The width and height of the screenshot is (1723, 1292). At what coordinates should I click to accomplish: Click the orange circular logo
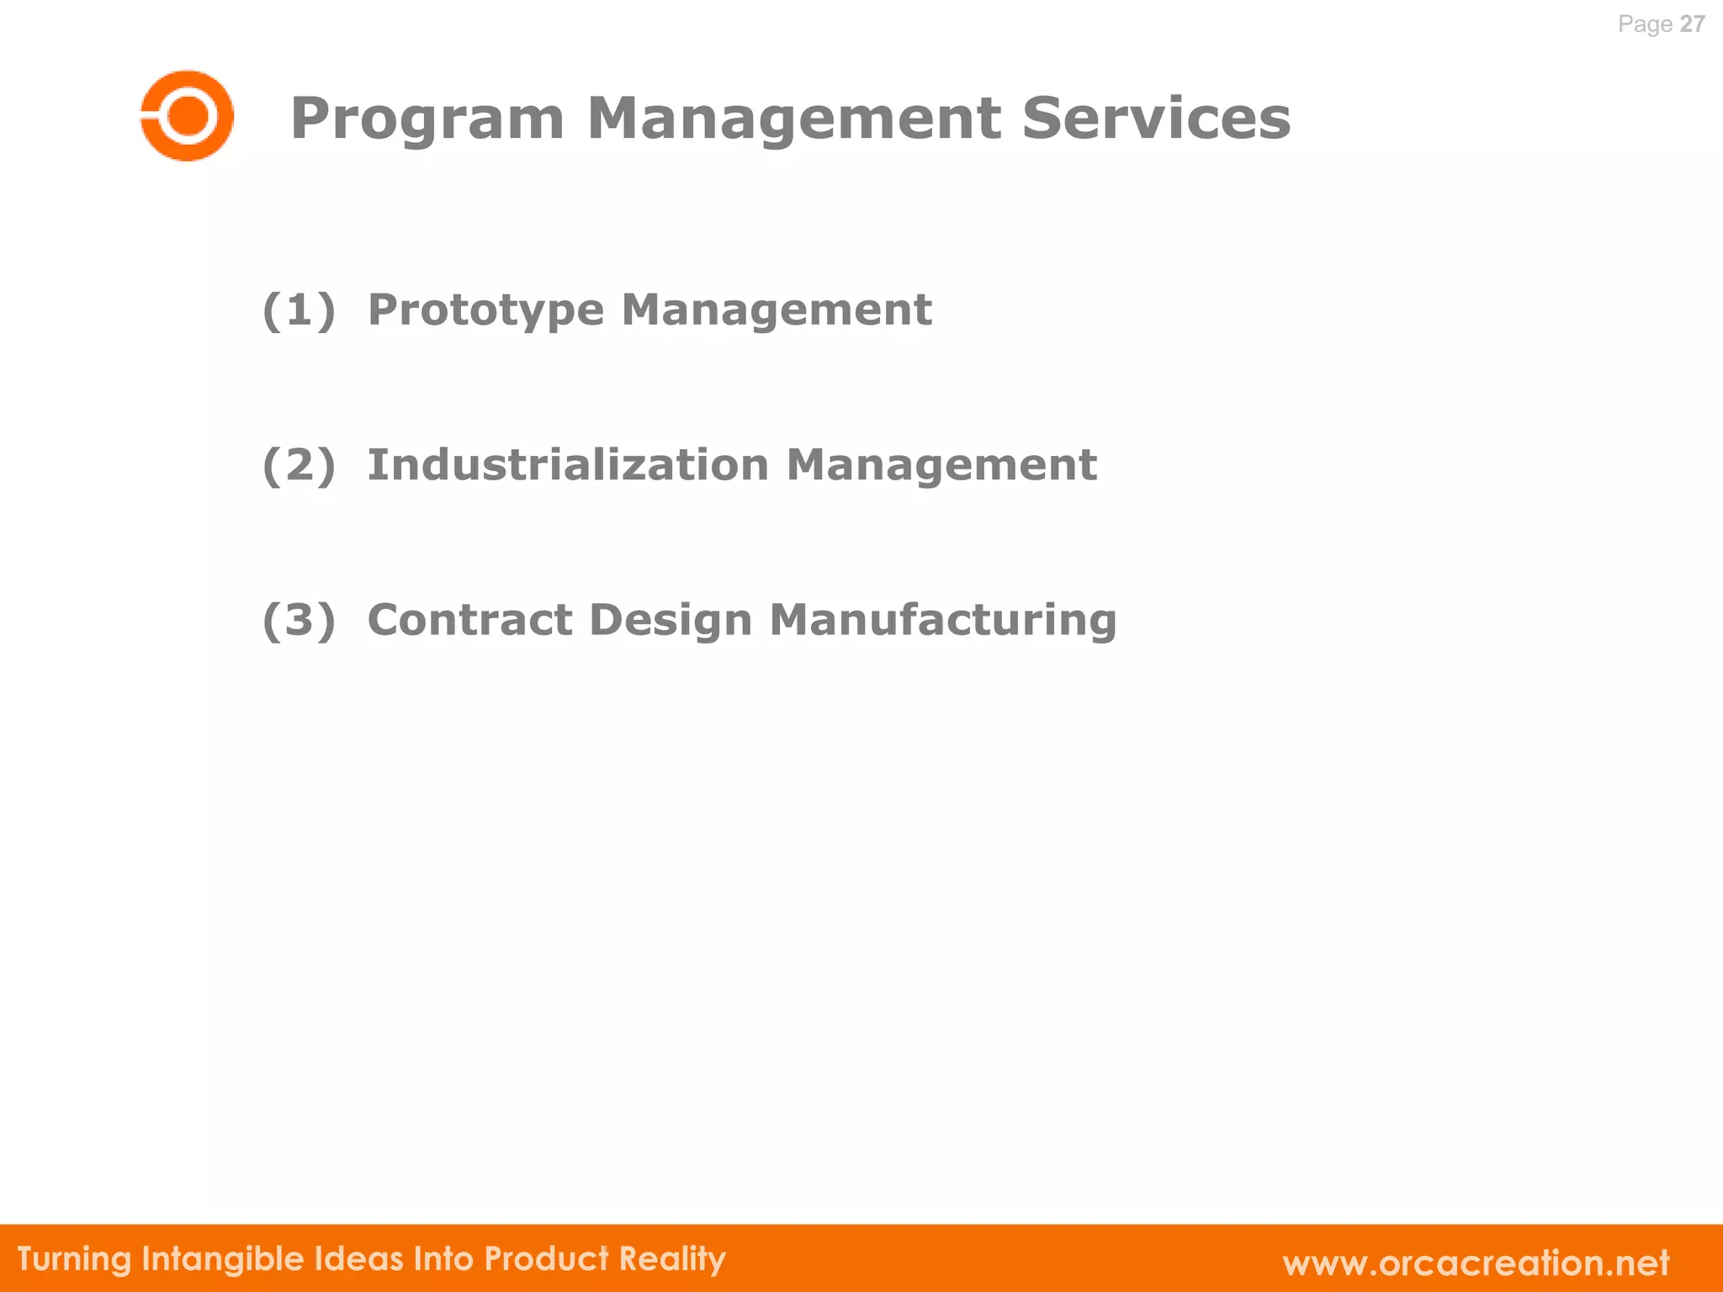(187, 115)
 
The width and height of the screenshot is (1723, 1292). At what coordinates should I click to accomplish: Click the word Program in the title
(427, 119)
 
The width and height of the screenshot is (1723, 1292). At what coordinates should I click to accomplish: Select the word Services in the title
(1156, 118)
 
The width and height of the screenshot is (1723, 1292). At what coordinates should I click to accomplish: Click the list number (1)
(299, 310)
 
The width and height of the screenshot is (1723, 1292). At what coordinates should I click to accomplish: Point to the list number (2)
(299, 465)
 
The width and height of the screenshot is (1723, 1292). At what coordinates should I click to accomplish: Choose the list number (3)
(299, 620)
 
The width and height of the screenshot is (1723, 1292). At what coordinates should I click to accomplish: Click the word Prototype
(485, 311)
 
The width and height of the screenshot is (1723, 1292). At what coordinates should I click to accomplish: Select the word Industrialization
(568, 464)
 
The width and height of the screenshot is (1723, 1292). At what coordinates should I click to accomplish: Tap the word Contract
(469, 620)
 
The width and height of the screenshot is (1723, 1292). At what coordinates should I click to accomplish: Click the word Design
(670, 622)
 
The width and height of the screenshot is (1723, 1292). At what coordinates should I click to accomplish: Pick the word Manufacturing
(943, 620)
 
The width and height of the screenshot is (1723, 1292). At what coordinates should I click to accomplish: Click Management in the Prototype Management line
(776, 311)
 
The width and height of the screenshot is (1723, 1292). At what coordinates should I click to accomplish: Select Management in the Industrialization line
(941, 465)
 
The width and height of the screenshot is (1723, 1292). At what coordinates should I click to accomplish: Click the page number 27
(1692, 24)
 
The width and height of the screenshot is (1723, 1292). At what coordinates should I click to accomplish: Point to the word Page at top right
(1645, 24)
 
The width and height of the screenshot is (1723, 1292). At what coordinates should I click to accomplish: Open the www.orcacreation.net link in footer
(1476, 1263)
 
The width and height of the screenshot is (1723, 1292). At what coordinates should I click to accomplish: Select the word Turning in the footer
(74, 1259)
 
